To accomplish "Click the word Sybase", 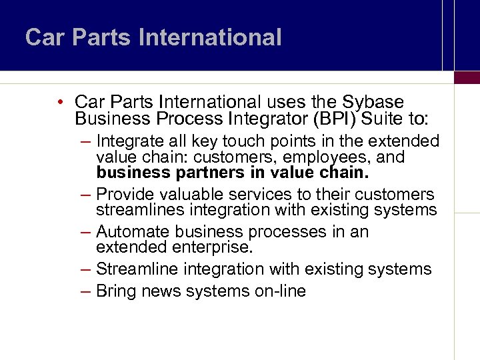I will coord(373,102).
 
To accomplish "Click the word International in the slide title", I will coord(211,37).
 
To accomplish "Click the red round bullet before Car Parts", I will coord(60,102).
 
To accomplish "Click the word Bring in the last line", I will coord(115,291).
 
